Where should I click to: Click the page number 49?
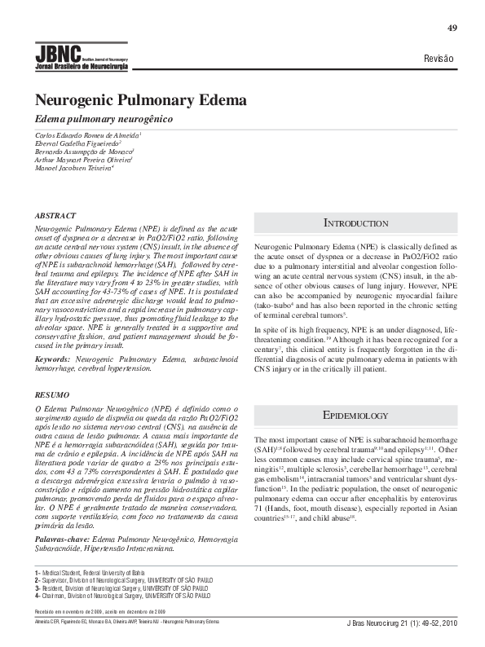click(452, 29)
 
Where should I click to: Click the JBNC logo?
click(81, 57)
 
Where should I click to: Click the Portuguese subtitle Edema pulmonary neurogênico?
click(104, 119)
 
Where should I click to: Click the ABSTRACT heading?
click(55, 216)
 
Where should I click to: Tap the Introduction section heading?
click(355, 222)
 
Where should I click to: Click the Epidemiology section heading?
click(355, 415)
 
